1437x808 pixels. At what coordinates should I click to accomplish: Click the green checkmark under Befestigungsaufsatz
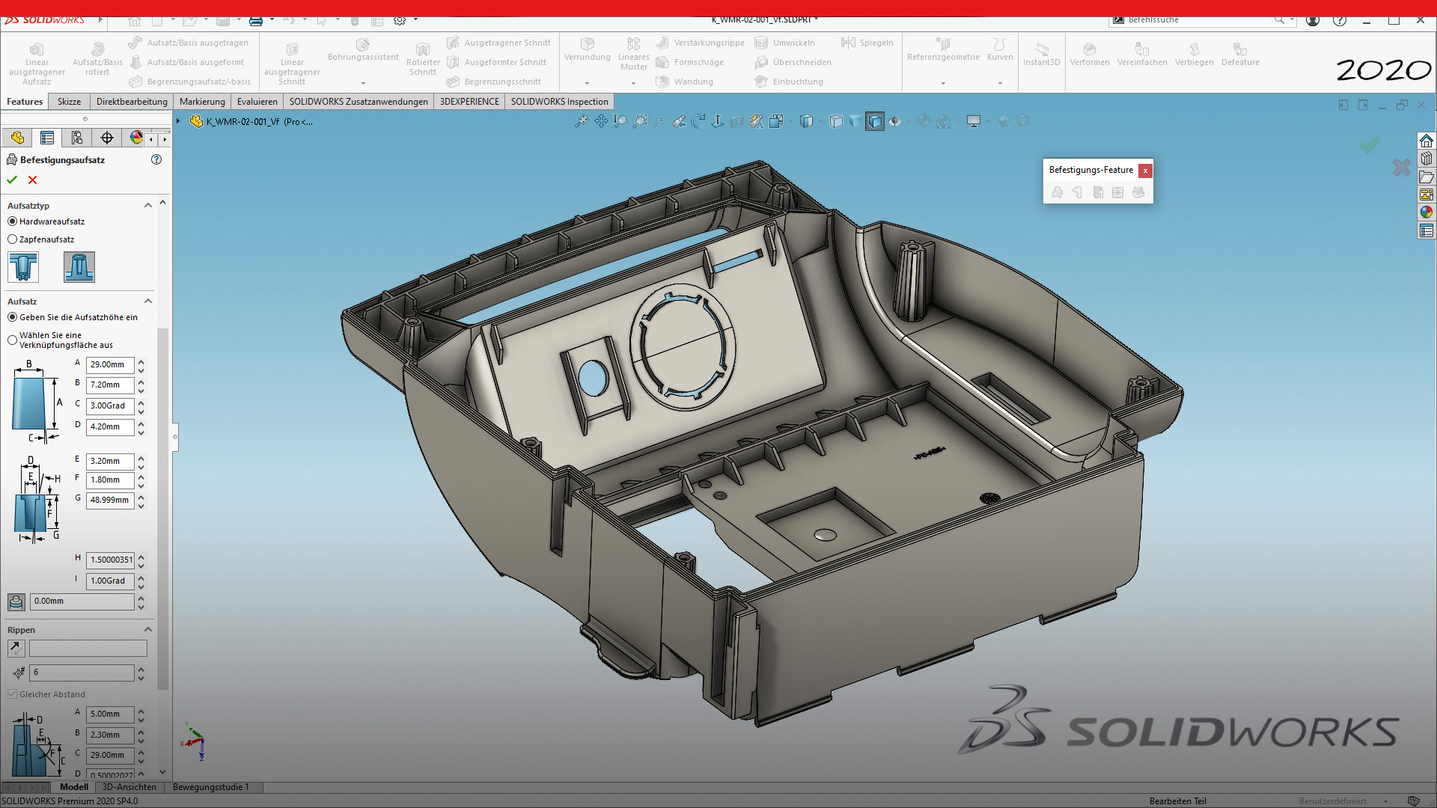[12, 180]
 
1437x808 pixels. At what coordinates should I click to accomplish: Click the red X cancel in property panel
[32, 180]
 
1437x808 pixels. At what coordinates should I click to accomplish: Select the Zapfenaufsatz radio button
[13, 239]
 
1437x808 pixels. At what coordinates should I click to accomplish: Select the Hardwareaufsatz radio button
[13, 221]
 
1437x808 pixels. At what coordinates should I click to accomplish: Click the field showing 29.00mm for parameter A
[109, 365]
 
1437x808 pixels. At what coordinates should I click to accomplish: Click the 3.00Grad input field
[109, 406]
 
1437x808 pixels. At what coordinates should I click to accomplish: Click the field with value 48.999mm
[109, 501]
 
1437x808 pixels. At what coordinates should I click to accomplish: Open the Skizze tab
[69, 102]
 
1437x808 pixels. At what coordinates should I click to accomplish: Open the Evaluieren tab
[257, 102]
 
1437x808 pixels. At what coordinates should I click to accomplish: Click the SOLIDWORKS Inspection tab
[559, 102]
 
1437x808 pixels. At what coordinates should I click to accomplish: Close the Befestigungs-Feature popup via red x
[1145, 171]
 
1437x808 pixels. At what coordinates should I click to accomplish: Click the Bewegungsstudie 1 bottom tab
[210, 787]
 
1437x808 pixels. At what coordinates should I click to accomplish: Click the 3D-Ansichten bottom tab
[129, 787]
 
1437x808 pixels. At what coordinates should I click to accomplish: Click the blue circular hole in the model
[593, 379]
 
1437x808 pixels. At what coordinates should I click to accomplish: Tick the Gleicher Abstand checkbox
[13, 694]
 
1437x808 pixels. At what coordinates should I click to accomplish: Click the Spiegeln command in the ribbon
[867, 43]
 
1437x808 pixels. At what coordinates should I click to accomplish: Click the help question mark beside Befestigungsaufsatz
[156, 159]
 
